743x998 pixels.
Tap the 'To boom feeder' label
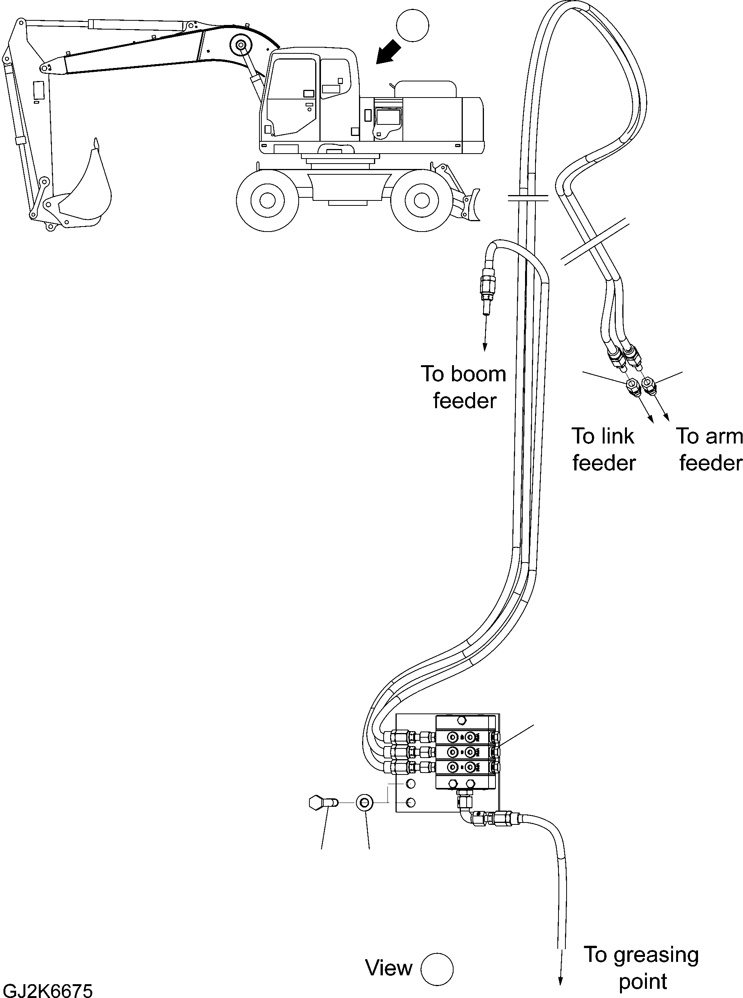464,387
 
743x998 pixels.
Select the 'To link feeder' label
603,449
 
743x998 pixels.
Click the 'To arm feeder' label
709,449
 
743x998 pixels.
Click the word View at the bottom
389,968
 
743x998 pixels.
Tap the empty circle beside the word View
437,969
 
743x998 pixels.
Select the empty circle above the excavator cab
412,26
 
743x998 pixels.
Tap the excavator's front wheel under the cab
267,200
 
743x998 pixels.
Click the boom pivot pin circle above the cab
239,45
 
